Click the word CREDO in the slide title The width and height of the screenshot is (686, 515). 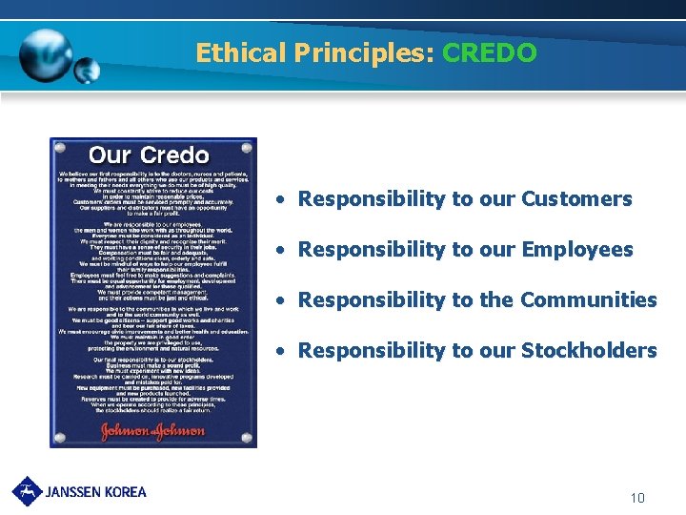pos(490,52)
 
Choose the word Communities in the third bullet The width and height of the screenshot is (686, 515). pos(588,299)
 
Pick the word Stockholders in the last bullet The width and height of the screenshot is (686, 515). pos(588,350)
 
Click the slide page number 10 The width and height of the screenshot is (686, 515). pos(637,498)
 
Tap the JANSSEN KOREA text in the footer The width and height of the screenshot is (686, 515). pos(96,492)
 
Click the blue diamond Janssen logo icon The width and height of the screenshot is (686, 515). pos(27,490)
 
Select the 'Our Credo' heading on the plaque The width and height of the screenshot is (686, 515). pos(149,154)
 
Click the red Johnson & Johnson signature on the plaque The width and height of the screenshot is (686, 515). pos(152,430)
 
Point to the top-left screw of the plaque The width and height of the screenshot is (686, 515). pos(60,149)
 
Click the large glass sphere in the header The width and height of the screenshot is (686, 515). pos(46,52)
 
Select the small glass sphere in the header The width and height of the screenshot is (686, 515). pos(87,70)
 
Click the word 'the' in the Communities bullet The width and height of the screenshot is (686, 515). pos(497,299)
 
